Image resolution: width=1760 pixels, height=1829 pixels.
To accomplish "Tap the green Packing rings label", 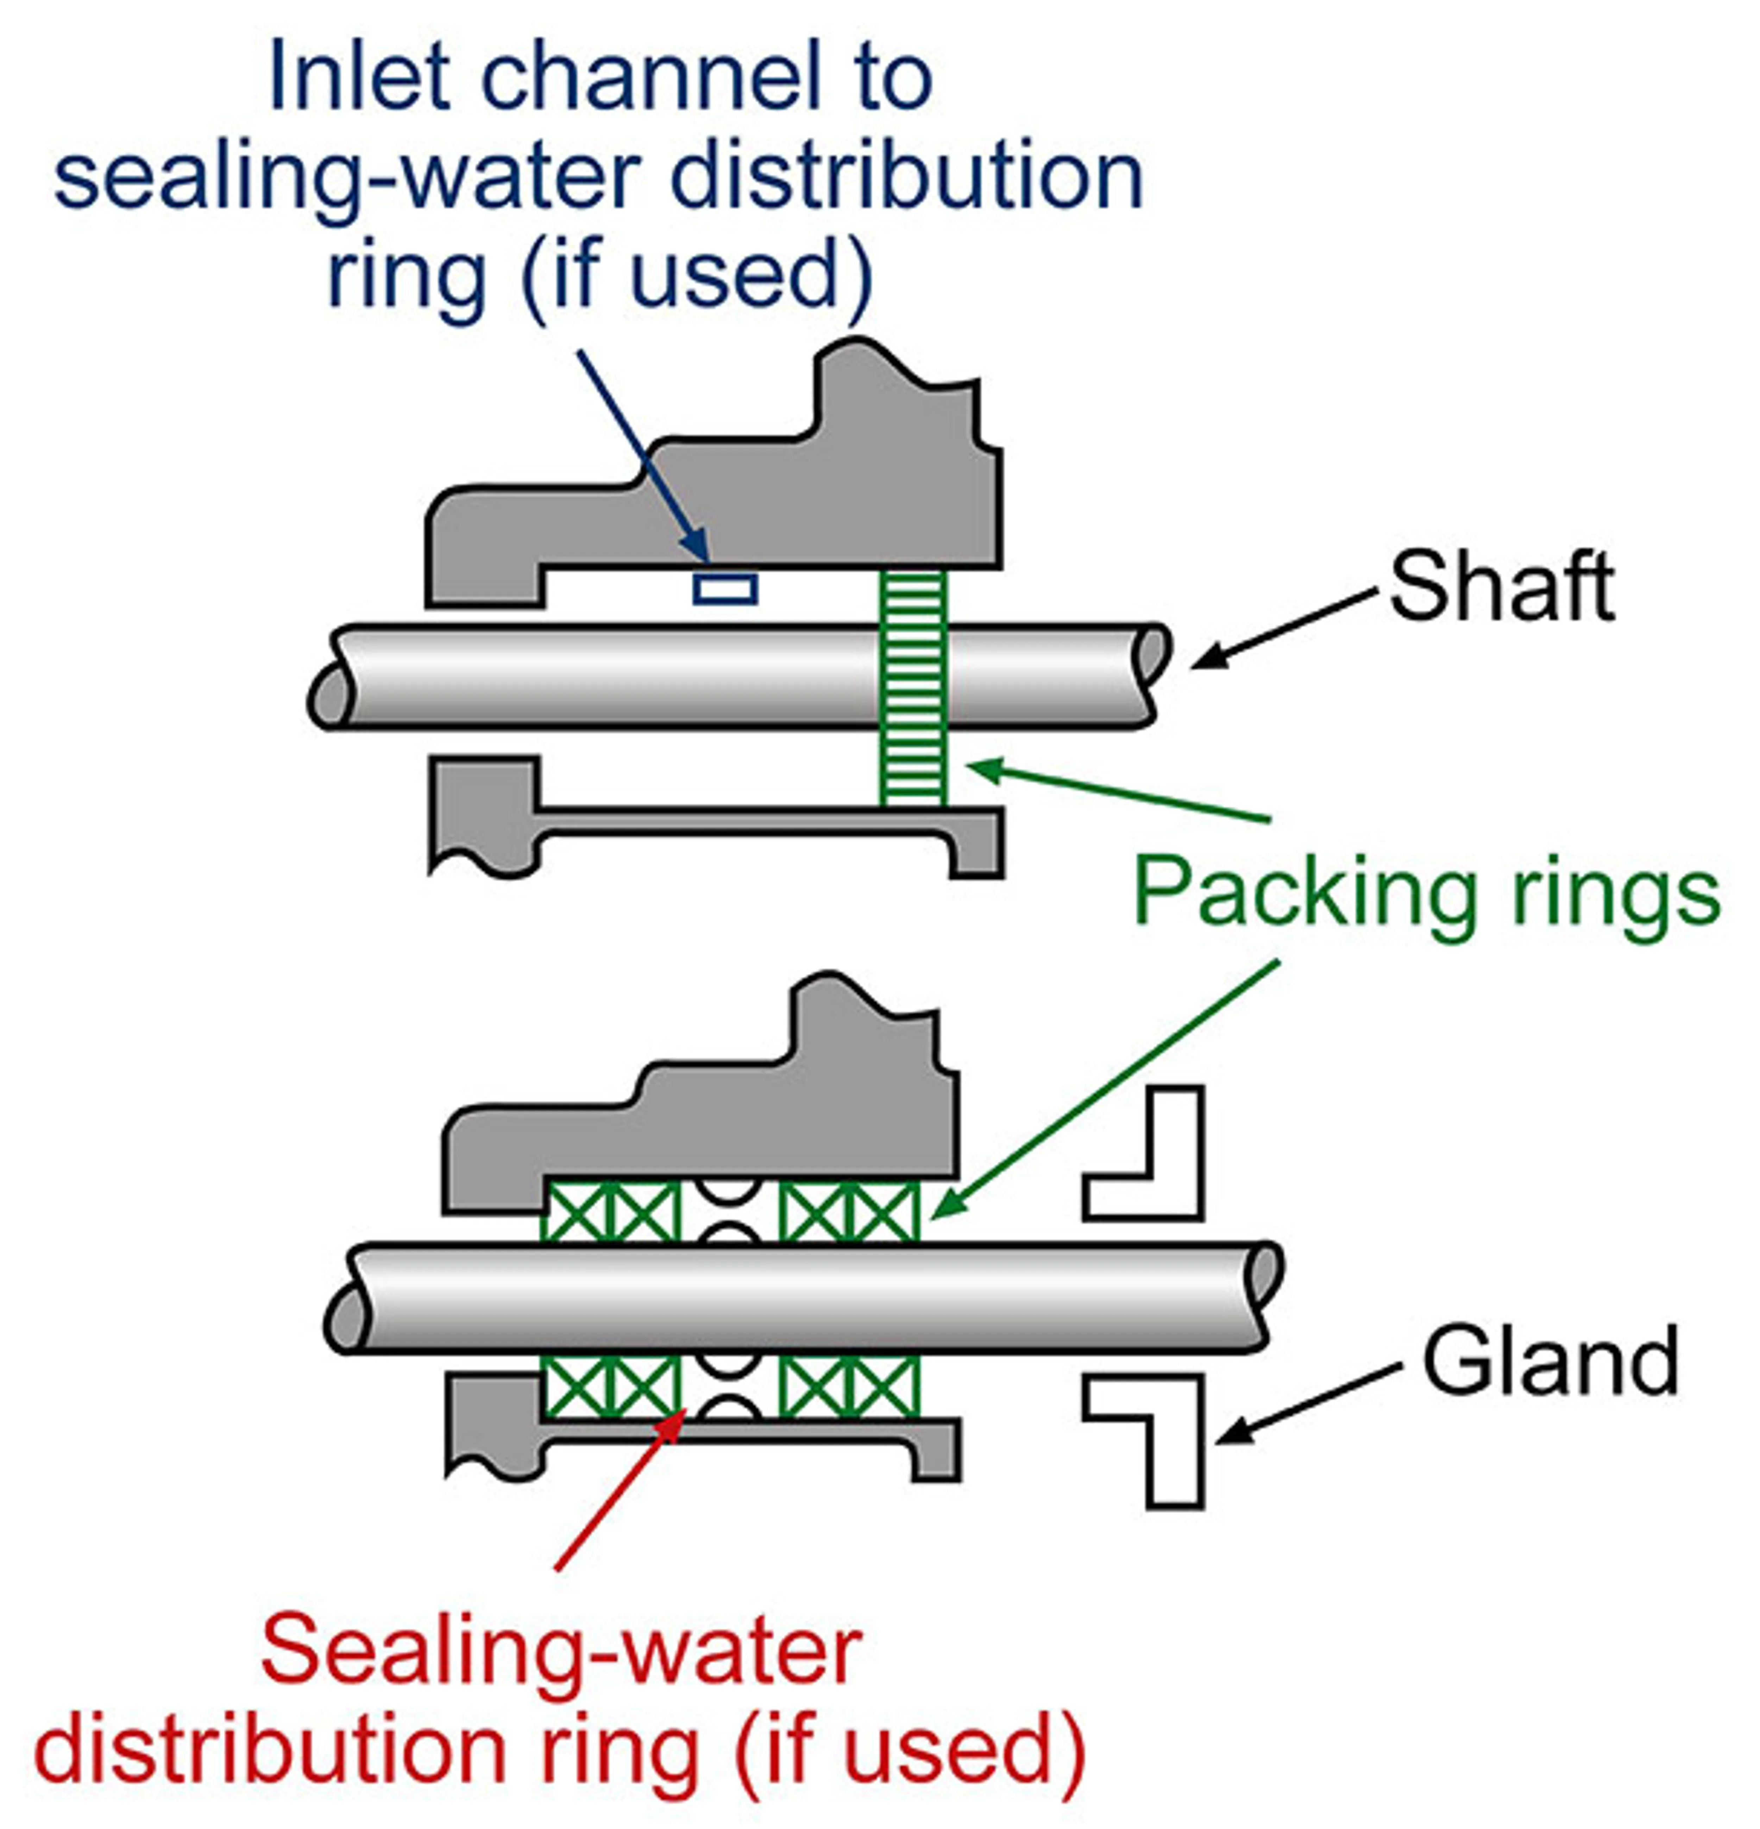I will [1426, 893].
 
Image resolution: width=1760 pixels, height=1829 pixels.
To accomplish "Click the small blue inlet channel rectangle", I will [724, 589].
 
